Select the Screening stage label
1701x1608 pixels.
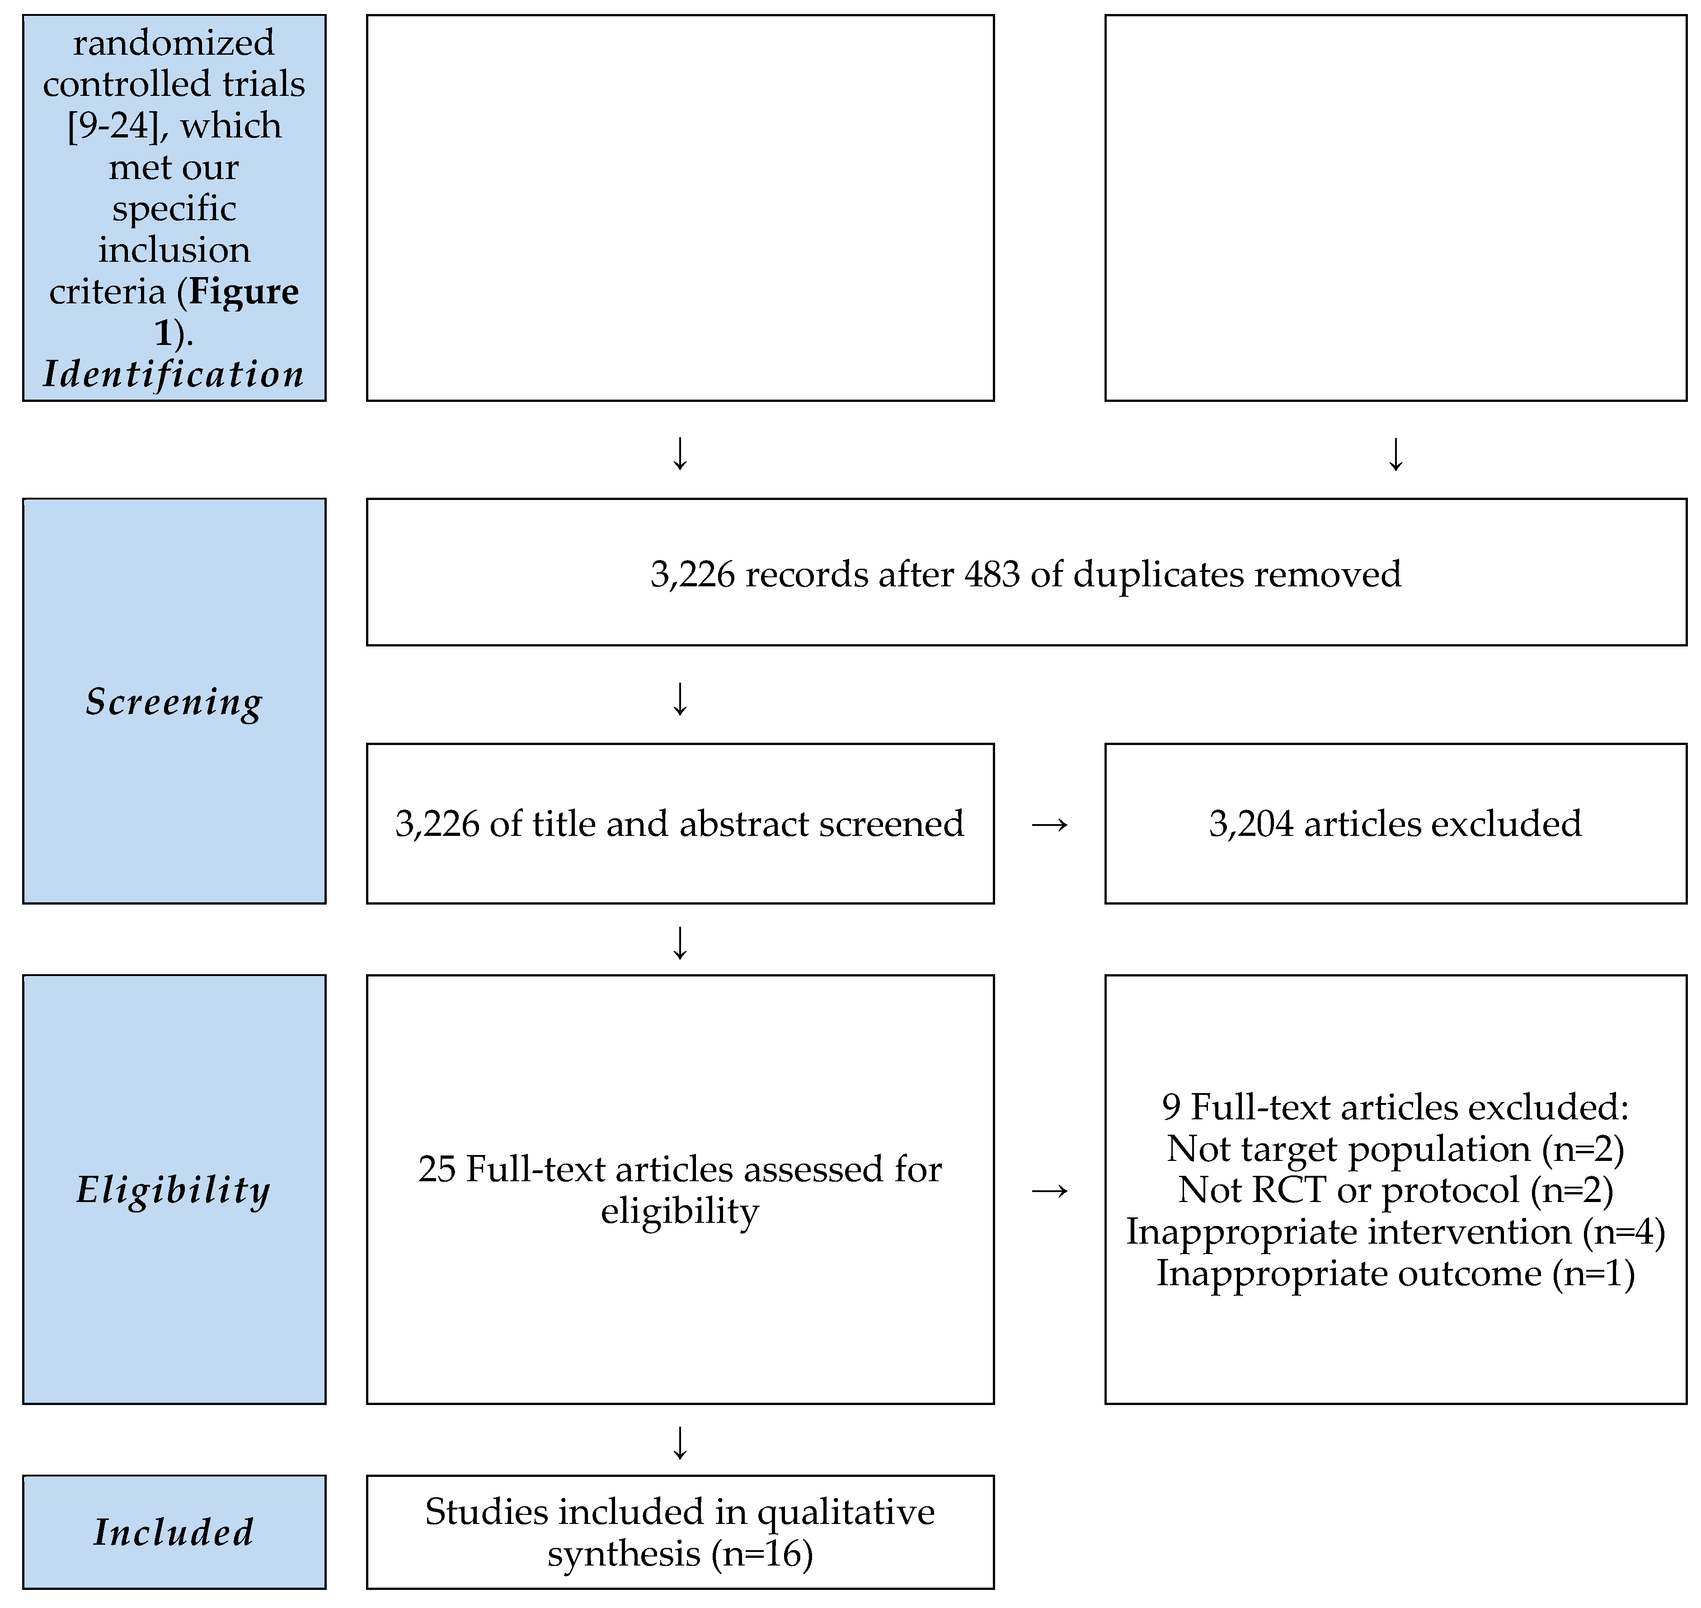174,702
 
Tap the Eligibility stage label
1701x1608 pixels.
174,1190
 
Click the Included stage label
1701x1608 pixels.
174,1532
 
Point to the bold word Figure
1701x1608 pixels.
244,292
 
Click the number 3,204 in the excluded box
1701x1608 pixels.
1250,824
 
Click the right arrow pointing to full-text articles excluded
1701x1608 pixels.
1050,1191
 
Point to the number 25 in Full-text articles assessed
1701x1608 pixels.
436,1169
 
